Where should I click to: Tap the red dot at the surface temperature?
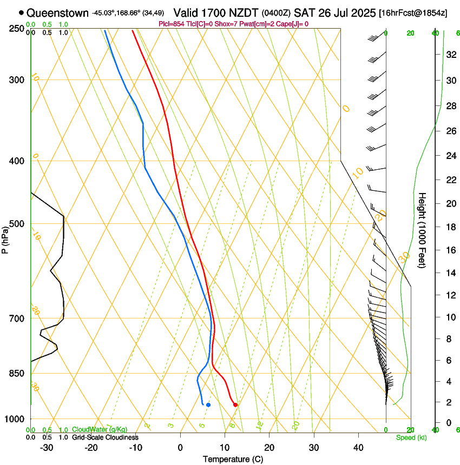click(235, 404)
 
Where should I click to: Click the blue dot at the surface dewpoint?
click(208, 404)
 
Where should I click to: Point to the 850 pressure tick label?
click(16, 374)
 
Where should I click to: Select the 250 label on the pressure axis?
click(16, 29)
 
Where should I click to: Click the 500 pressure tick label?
click(16, 224)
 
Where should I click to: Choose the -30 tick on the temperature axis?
click(47, 447)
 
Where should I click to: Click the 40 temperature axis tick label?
click(358, 447)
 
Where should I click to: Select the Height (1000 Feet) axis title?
click(423, 230)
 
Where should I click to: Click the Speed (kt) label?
click(411, 437)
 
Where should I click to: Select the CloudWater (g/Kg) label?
click(100, 429)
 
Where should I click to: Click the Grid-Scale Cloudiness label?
click(105, 437)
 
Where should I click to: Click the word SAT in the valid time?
click(304, 12)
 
